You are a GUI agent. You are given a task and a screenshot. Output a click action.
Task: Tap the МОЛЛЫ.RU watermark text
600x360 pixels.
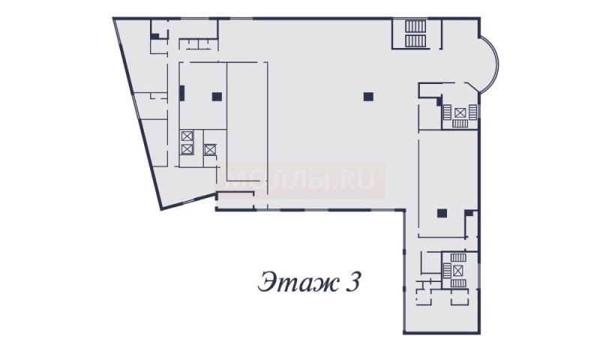[x=302, y=179]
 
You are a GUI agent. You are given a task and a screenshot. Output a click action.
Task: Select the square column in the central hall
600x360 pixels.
[x=368, y=97]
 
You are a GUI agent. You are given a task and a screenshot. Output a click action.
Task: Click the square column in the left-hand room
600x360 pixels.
[x=217, y=97]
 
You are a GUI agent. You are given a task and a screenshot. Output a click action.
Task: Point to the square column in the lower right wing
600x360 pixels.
[x=442, y=213]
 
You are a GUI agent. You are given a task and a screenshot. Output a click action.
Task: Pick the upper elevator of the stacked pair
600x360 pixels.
[x=187, y=136]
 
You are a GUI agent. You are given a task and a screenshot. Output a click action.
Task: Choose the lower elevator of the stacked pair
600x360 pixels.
[x=187, y=148]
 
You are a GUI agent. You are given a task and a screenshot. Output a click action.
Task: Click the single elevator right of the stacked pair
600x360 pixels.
[x=210, y=149]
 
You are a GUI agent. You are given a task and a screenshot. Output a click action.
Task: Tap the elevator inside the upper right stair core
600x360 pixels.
[x=460, y=112]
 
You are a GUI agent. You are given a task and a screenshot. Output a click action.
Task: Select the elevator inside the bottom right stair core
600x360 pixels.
[x=457, y=271]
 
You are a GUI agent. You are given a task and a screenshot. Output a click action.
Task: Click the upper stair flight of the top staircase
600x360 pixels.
[x=415, y=27]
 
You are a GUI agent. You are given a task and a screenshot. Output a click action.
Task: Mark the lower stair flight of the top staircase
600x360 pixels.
[x=415, y=41]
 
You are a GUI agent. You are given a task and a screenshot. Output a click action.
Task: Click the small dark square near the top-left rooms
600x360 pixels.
[x=155, y=36]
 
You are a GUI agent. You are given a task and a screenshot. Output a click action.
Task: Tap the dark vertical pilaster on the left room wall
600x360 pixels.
[x=182, y=93]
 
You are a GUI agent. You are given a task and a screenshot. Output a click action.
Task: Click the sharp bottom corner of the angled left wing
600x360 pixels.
[x=161, y=209]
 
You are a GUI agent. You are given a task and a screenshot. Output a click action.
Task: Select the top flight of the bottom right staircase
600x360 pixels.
[x=457, y=258]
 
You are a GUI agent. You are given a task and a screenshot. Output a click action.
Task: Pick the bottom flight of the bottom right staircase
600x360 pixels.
[x=457, y=283]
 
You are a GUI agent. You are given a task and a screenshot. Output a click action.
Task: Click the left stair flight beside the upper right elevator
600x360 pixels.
[x=448, y=112]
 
